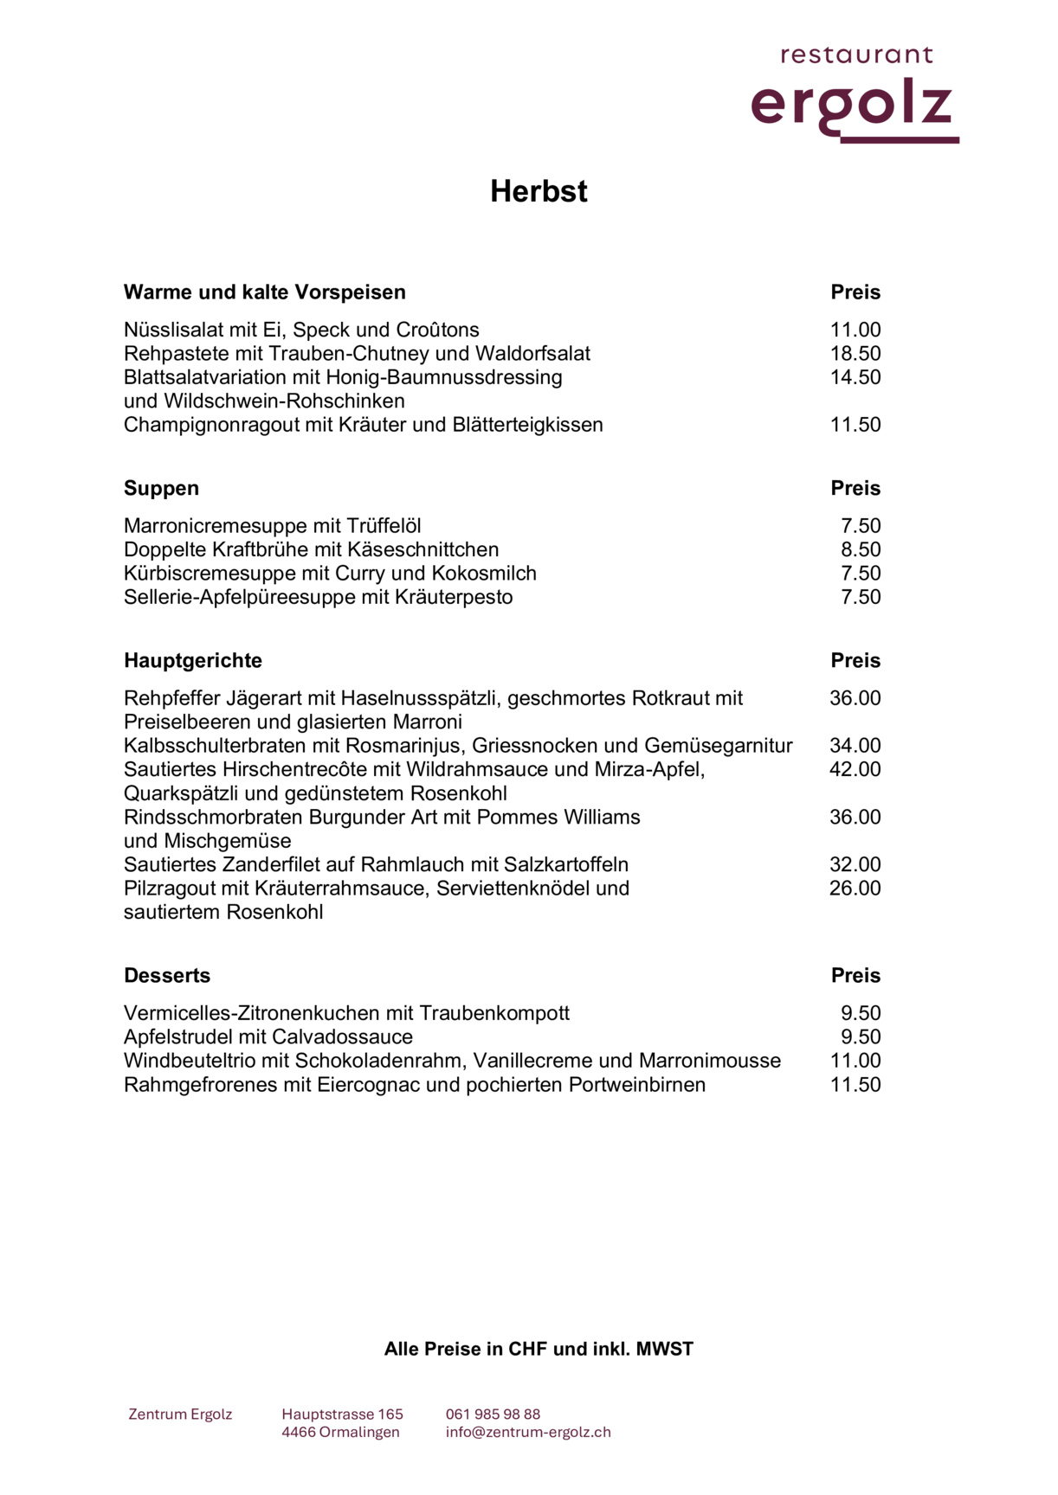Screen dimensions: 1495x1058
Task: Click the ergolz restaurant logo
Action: tap(855, 95)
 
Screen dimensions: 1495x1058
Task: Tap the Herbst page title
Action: tap(539, 191)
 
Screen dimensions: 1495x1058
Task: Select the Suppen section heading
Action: tap(161, 488)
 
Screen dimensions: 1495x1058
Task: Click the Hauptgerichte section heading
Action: tap(192, 660)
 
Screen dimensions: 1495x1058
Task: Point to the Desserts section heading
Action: tap(167, 975)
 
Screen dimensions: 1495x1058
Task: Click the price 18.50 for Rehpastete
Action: tap(855, 353)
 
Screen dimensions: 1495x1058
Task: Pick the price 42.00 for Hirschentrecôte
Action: tap(855, 769)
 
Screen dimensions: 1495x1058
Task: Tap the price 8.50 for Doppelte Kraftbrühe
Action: tap(861, 549)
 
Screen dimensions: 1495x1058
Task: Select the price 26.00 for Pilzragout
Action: tap(855, 888)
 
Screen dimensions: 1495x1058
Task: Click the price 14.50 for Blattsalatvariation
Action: tap(855, 377)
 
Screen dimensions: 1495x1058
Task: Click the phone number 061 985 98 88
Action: tap(493, 1415)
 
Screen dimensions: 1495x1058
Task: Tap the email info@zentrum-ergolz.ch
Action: tap(528, 1432)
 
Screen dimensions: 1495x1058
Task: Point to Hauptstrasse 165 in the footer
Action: tap(342, 1415)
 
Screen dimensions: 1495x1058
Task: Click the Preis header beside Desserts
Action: tap(855, 975)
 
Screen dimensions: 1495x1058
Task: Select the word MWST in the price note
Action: tap(665, 1349)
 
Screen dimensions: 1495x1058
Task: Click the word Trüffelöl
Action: tap(384, 526)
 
